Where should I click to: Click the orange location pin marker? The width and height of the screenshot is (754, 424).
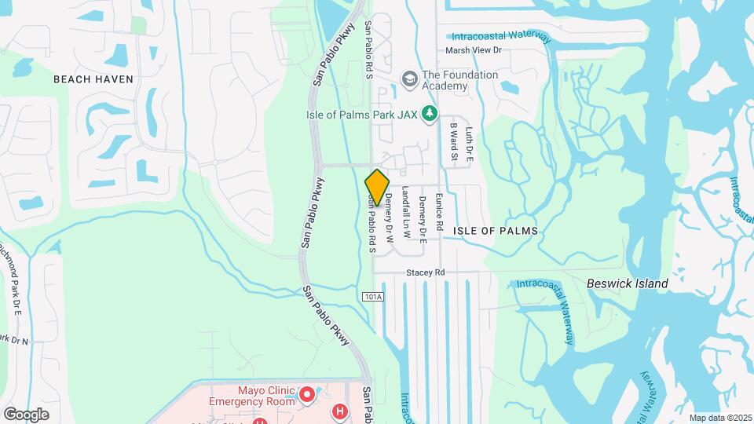pyautogui.click(x=377, y=188)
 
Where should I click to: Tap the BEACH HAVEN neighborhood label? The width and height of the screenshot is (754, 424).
pyautogui.click(x=93, y=79)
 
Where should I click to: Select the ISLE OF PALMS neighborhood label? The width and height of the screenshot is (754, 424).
pyautogui.click(x=496, y=231)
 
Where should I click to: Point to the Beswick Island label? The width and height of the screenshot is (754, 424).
pyautogui.click(x=628, y=283)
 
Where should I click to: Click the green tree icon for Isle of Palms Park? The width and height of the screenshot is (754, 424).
pyautogui.click(x=430, y=115)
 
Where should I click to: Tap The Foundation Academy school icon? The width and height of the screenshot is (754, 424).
pyautogui.click(x=409, y=79)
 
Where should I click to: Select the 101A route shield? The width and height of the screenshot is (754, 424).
pyautogui.click(x=373, y=297)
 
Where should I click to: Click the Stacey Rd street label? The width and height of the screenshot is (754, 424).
pyautogui.click(x=426, y=272)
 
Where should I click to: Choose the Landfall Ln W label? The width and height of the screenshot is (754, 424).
pyautogui.click(x=406, y=212)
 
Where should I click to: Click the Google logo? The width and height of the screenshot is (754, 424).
pyautogui.click(x=26, y=414)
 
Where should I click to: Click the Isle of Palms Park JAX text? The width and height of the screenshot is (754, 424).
pyautogui.click(x=361, y=115)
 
